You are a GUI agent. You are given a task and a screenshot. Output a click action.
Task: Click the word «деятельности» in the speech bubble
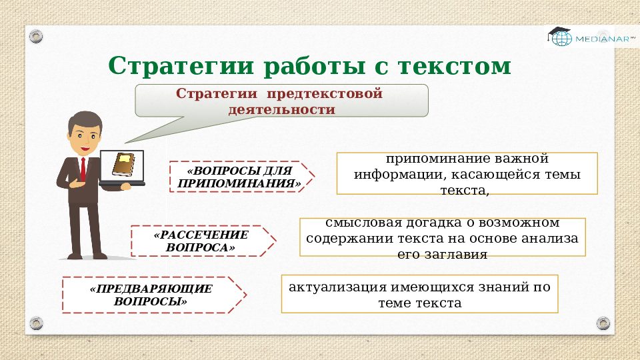[281, 109]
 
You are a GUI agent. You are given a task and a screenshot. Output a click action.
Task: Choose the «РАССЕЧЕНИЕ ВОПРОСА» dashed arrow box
[201, 241]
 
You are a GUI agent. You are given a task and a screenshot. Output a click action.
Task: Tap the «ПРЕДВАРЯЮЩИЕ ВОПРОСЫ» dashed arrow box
[152, 295]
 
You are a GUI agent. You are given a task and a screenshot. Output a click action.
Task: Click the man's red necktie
[83, 169]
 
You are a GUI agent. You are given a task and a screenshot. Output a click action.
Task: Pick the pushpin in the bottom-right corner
[603, 323]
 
